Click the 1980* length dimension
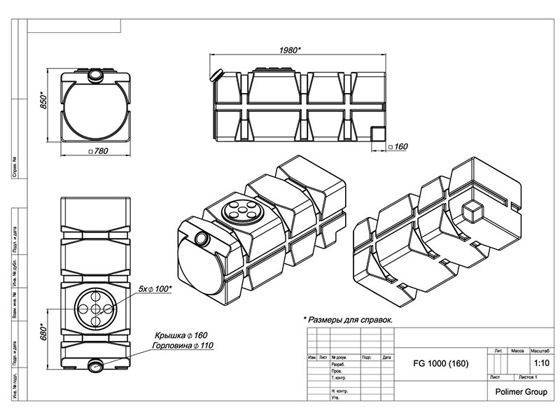(288, 50)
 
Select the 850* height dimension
(43, 101)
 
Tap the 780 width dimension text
(99, 152)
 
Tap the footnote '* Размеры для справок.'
(348, 319)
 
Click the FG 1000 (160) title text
(440, 365)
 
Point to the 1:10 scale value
(540, 364)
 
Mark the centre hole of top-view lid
(95, 309)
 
